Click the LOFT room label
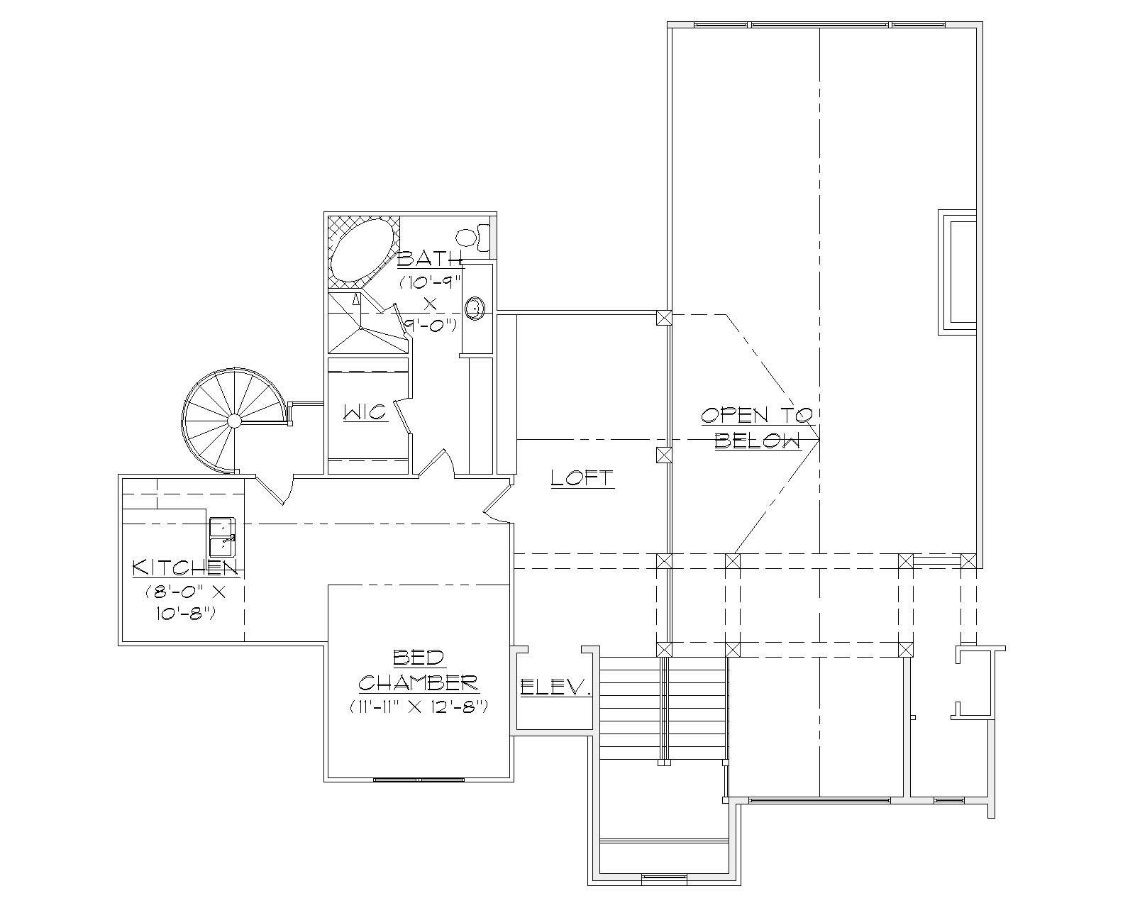point(582,478)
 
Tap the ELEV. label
point(556,687)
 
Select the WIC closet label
point(365,412)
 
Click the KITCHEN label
point(184,567)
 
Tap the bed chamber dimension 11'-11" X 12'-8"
point(418,707)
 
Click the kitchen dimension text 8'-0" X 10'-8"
point(185,602)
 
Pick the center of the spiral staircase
point(234,421)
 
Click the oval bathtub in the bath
point(362,250)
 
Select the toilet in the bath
point(471,237)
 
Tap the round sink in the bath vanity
point(475,308)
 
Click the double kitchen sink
point(222,537)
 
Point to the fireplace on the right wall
point(958,272)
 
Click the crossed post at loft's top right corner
point(663,318)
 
